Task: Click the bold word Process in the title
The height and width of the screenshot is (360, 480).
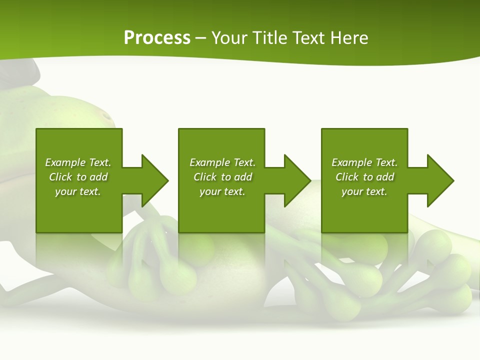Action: [x=157, y=38]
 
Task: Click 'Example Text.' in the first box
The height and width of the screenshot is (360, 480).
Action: [x=78, y=162]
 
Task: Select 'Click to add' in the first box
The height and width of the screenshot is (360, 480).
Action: [x=78, y=177]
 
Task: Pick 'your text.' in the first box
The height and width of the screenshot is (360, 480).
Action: [x=78, y=191]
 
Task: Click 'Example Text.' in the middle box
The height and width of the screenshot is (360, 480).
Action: [x=222, y=162]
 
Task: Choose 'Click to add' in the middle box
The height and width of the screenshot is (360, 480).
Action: [x=222, y=177]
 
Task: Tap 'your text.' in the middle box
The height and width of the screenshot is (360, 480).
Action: [x=222, y=191]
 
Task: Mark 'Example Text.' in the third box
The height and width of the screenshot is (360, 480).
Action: [x=364, y=162]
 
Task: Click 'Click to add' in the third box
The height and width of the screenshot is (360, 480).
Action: [x=364, y=177]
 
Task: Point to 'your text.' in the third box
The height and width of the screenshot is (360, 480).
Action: [x=364, y=191]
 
